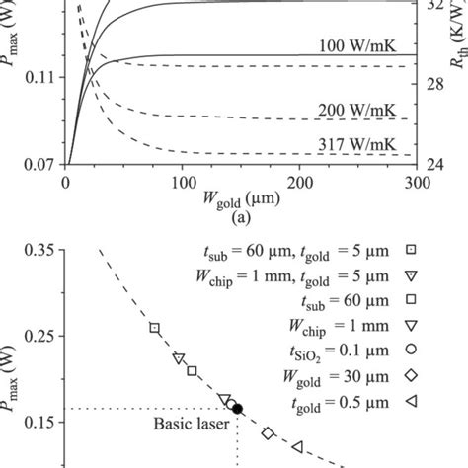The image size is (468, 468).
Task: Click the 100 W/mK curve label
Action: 352,45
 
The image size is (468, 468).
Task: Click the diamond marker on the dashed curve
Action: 268,433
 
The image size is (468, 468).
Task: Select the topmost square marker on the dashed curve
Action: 154,328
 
